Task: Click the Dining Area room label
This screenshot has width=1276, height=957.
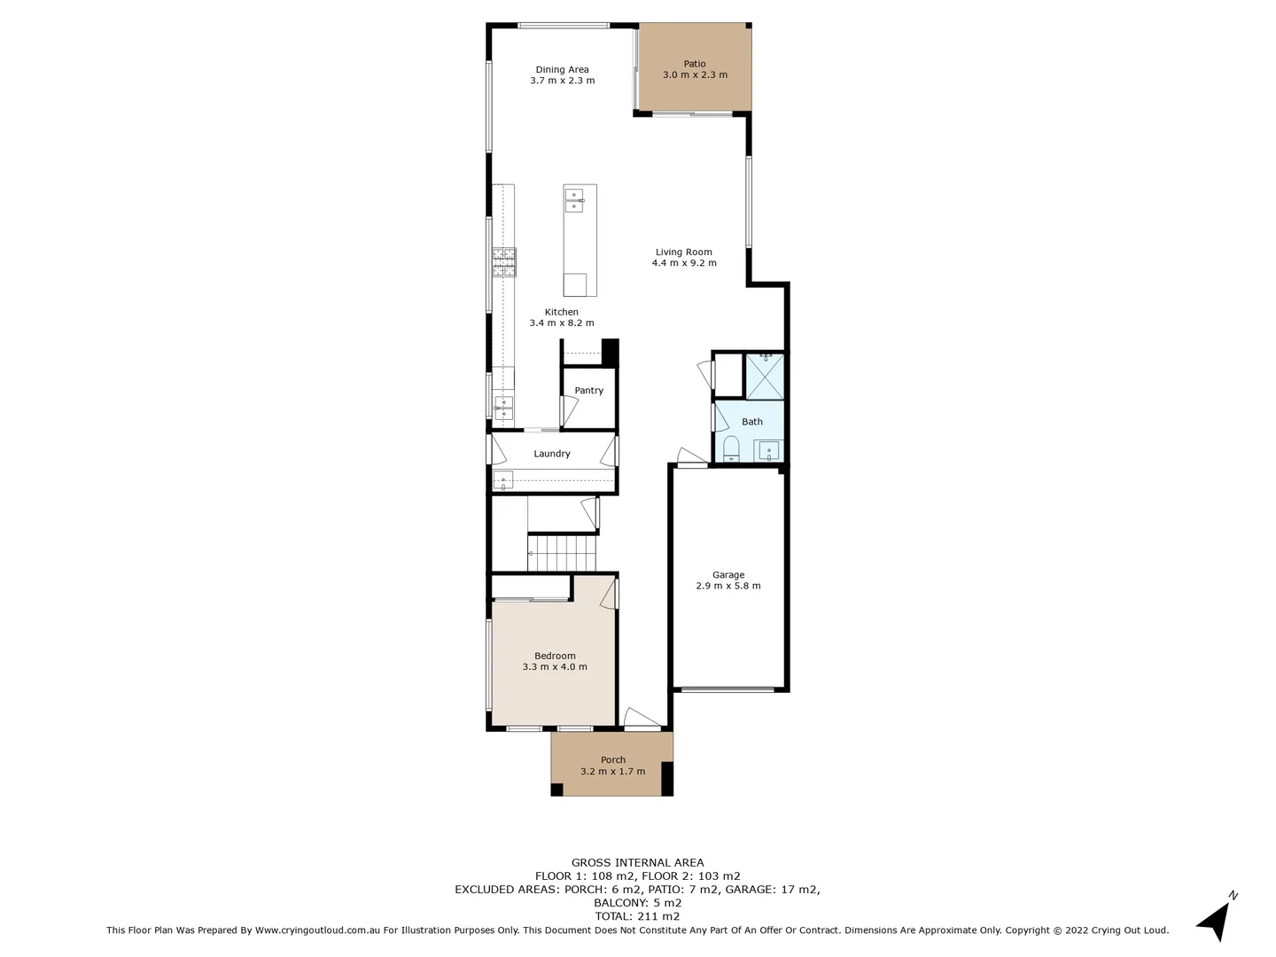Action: coord(562,70)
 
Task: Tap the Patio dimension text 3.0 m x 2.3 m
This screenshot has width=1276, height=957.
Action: coord(695,75)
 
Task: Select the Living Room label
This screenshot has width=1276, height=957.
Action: coord(683,252)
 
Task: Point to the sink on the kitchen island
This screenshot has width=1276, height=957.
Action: coord(574,200)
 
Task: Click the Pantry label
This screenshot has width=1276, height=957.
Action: coord(588,391)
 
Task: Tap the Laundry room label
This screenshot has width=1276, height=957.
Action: coord(551,454)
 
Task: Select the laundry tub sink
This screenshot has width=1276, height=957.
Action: coord(503,481)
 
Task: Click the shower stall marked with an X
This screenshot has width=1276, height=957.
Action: coord(764,377)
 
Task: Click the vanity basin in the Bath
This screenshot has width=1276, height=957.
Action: coord(768,451)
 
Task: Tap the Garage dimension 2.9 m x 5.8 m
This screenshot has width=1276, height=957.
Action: coord(727,586)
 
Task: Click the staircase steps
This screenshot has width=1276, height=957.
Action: coord(562,552)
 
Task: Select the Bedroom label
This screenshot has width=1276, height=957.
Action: coord(555,656)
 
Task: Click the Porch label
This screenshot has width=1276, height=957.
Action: coord(612,759)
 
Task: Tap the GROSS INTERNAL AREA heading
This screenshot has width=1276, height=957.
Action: coord(637,862)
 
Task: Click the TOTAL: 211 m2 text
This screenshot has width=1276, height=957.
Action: coord(637,916)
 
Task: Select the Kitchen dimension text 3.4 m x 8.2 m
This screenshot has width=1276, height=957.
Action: coord(562,323)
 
